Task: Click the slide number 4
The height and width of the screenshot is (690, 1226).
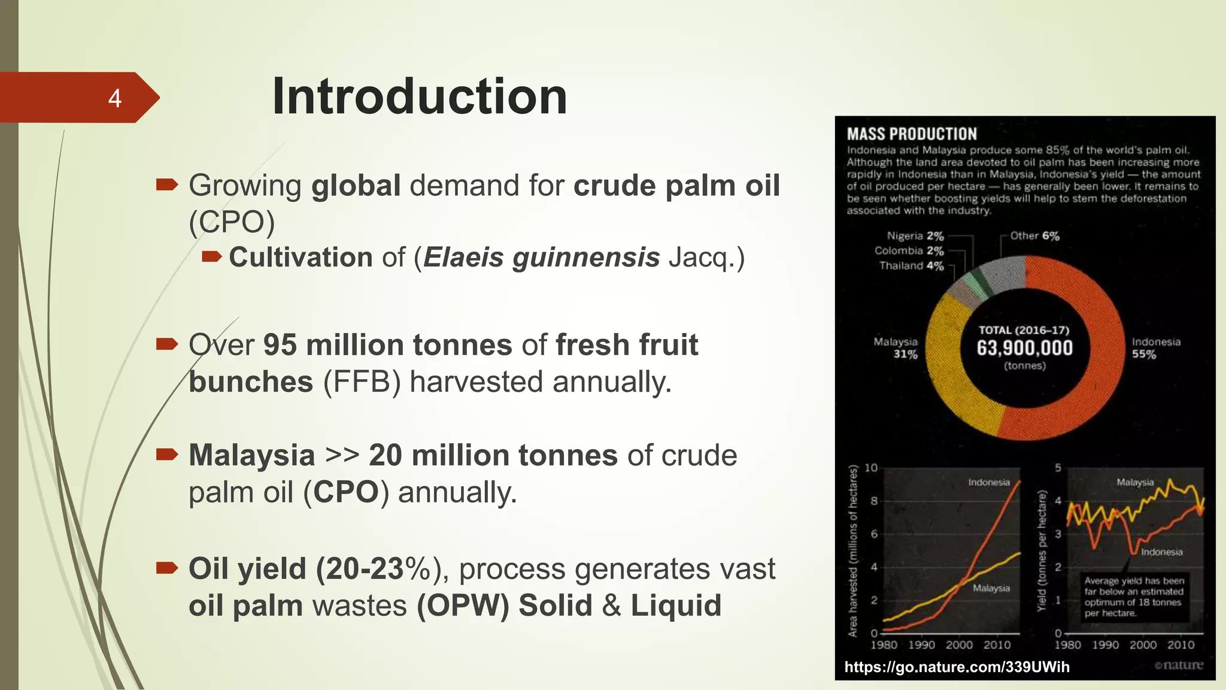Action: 114,98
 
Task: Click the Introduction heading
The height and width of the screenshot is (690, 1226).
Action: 419,97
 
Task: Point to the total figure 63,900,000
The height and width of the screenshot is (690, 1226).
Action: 1024,348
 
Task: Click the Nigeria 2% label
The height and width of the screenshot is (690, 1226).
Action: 915,236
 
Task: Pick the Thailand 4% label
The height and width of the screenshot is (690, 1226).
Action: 911,266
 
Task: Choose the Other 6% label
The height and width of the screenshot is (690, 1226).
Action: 1034,236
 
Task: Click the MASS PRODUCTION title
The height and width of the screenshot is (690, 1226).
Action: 911,134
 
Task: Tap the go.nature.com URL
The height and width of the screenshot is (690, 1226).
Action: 957,667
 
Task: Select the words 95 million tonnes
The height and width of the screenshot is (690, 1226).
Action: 387,345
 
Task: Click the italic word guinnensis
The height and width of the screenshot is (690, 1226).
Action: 586,258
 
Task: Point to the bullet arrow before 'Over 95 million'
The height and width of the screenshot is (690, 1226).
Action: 167,344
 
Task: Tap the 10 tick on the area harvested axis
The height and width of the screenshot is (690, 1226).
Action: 871,468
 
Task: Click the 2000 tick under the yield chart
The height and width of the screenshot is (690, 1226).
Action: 1142,645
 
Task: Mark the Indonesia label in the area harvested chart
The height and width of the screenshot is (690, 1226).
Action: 988,482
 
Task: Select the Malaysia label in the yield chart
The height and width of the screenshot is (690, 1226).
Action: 1135,482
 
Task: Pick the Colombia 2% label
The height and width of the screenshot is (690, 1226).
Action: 909,251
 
